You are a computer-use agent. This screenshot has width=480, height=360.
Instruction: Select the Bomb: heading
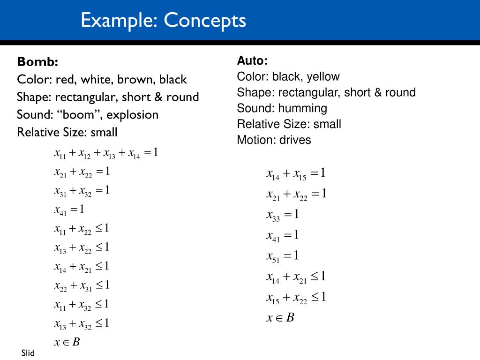(37, 61)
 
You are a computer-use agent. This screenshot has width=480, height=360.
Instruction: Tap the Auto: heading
(252, 60)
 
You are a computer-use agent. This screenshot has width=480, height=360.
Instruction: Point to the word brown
(135, 79)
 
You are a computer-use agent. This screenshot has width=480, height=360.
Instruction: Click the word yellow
(323, 76)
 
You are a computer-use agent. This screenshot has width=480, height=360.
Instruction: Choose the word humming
(302, 108)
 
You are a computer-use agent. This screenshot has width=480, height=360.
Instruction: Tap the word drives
(295, 140)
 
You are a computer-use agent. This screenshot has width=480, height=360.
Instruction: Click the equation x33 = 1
(283, 215)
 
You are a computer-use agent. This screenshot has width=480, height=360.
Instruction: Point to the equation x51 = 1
(283, 256)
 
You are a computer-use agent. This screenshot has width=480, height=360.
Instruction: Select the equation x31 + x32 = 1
(82, 191)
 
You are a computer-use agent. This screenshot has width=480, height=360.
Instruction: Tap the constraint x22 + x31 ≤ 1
(82, 285)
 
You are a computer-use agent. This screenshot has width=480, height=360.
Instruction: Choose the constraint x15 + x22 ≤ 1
(296, 298)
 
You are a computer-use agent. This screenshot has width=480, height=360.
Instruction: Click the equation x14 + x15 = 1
(296, 174)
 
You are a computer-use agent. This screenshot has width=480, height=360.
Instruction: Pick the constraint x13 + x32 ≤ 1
(82, 323)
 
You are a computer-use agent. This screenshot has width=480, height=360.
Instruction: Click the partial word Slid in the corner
(28, 353)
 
